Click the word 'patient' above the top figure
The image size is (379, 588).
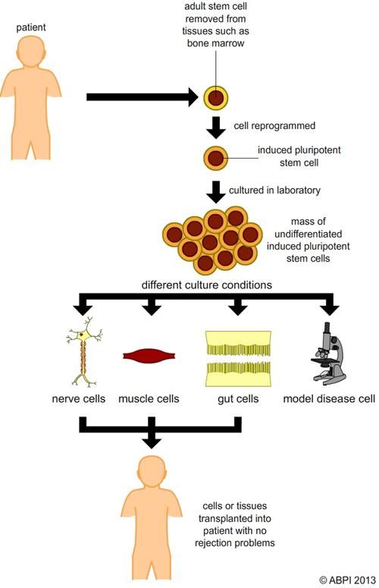click(30, 28)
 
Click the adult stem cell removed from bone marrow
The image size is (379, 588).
click(216, 98)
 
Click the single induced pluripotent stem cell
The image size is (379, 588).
click(216, 159)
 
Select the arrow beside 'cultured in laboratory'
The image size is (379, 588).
click(216, 192)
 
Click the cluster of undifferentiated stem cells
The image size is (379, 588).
click(216, 239)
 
